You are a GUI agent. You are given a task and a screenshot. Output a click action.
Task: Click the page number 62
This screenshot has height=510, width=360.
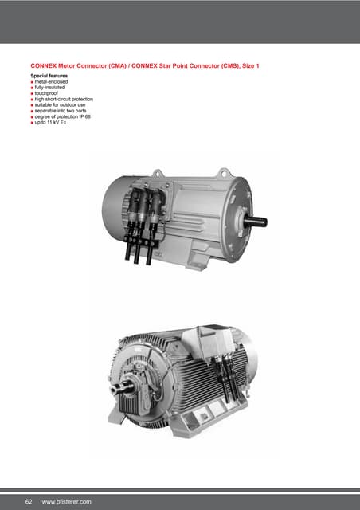(29, 501)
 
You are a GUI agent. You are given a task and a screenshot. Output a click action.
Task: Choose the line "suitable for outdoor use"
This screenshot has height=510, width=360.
(61, 106)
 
